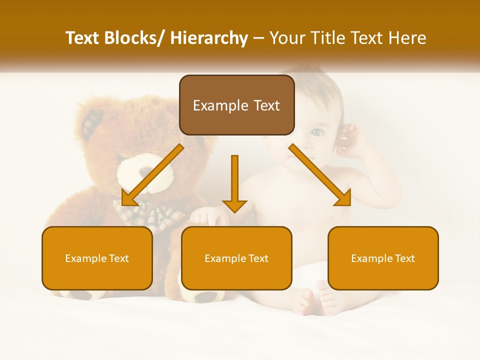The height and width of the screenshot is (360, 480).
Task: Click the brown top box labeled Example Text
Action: tap(236, 105)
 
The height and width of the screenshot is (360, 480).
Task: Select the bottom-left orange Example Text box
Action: tap(97, 258)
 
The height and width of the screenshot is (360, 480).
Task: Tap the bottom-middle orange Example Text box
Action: tap(236, 258)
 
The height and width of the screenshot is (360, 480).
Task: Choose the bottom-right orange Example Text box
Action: tap(383, 258)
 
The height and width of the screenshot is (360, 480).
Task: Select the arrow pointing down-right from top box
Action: tap(320, 175)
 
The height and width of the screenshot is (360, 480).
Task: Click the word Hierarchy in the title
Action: tap(209, 38)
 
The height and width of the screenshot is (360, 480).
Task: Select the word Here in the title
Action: tap(408, 38)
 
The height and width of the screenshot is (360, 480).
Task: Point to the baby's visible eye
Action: tap(317, 132)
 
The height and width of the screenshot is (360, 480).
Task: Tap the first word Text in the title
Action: tap(83, 38)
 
